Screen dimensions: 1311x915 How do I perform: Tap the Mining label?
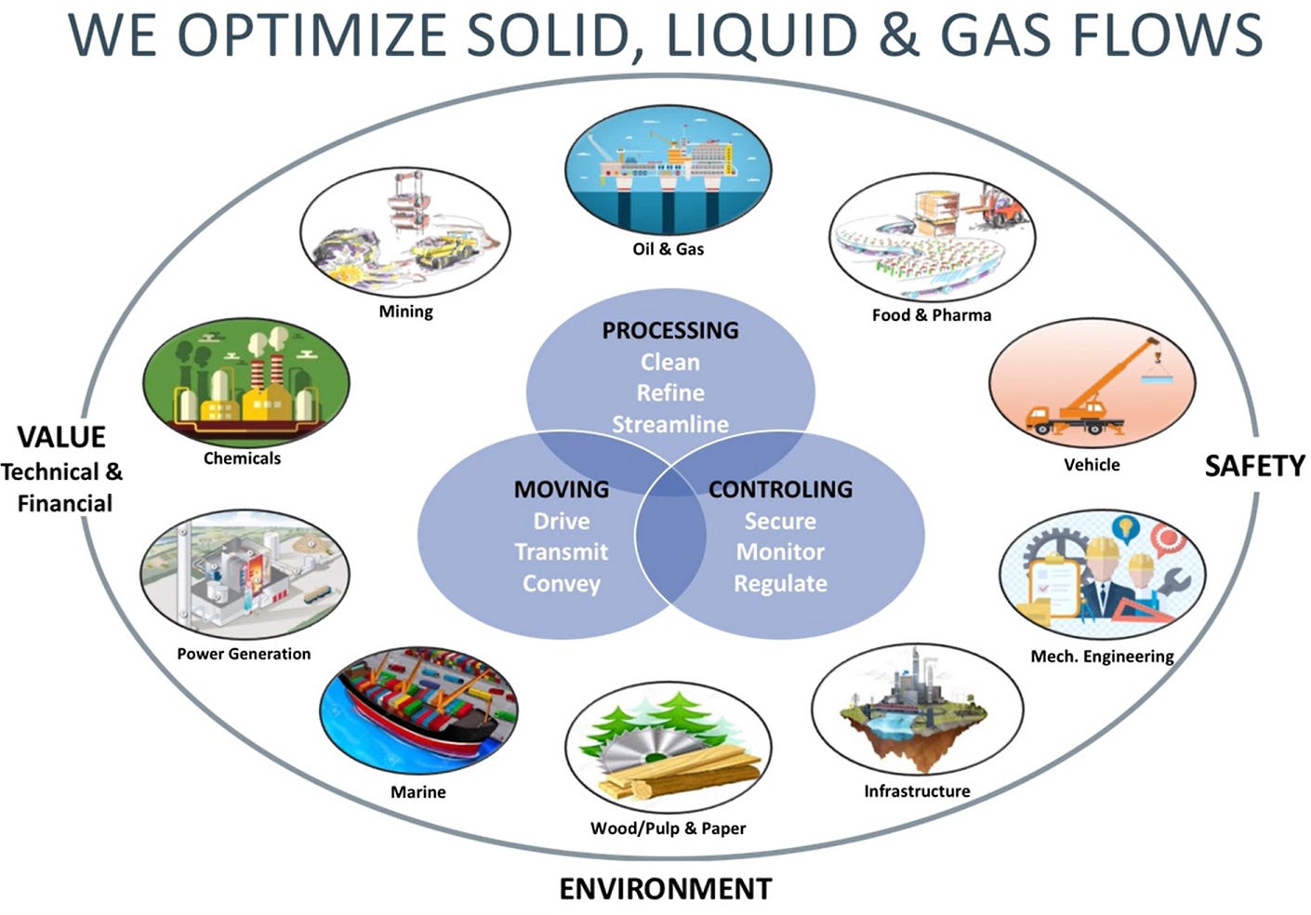pos(405,312)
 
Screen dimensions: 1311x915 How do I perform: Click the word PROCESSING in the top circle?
pos(669,330)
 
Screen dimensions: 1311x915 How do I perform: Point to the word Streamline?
pos(669,424)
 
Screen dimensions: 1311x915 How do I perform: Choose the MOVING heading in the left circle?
pos(562,489)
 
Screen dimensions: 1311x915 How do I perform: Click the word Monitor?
pos(780,552)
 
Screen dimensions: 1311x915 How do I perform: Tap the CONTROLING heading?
pos(780,489)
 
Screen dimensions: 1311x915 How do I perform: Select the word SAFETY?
pos(1254,466)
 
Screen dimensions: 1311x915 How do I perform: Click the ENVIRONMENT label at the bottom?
pos(665,889)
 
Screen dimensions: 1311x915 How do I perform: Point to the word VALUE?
pos(61,437)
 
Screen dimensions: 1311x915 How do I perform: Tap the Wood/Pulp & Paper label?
pos(668,829)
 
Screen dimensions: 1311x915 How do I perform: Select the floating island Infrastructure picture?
pos(916,711)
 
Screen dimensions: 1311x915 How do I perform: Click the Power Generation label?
pos(244,654)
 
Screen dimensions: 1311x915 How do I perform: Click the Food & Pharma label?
pos(931,315)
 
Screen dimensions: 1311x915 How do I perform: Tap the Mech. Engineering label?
pos(1102,656)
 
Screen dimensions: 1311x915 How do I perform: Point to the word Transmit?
pos(561,552)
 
